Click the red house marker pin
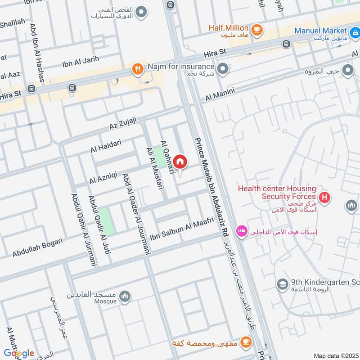(180, 162)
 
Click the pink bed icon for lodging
(241, 230)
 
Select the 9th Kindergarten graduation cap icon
(282, 284)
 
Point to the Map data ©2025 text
(335, 355)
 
